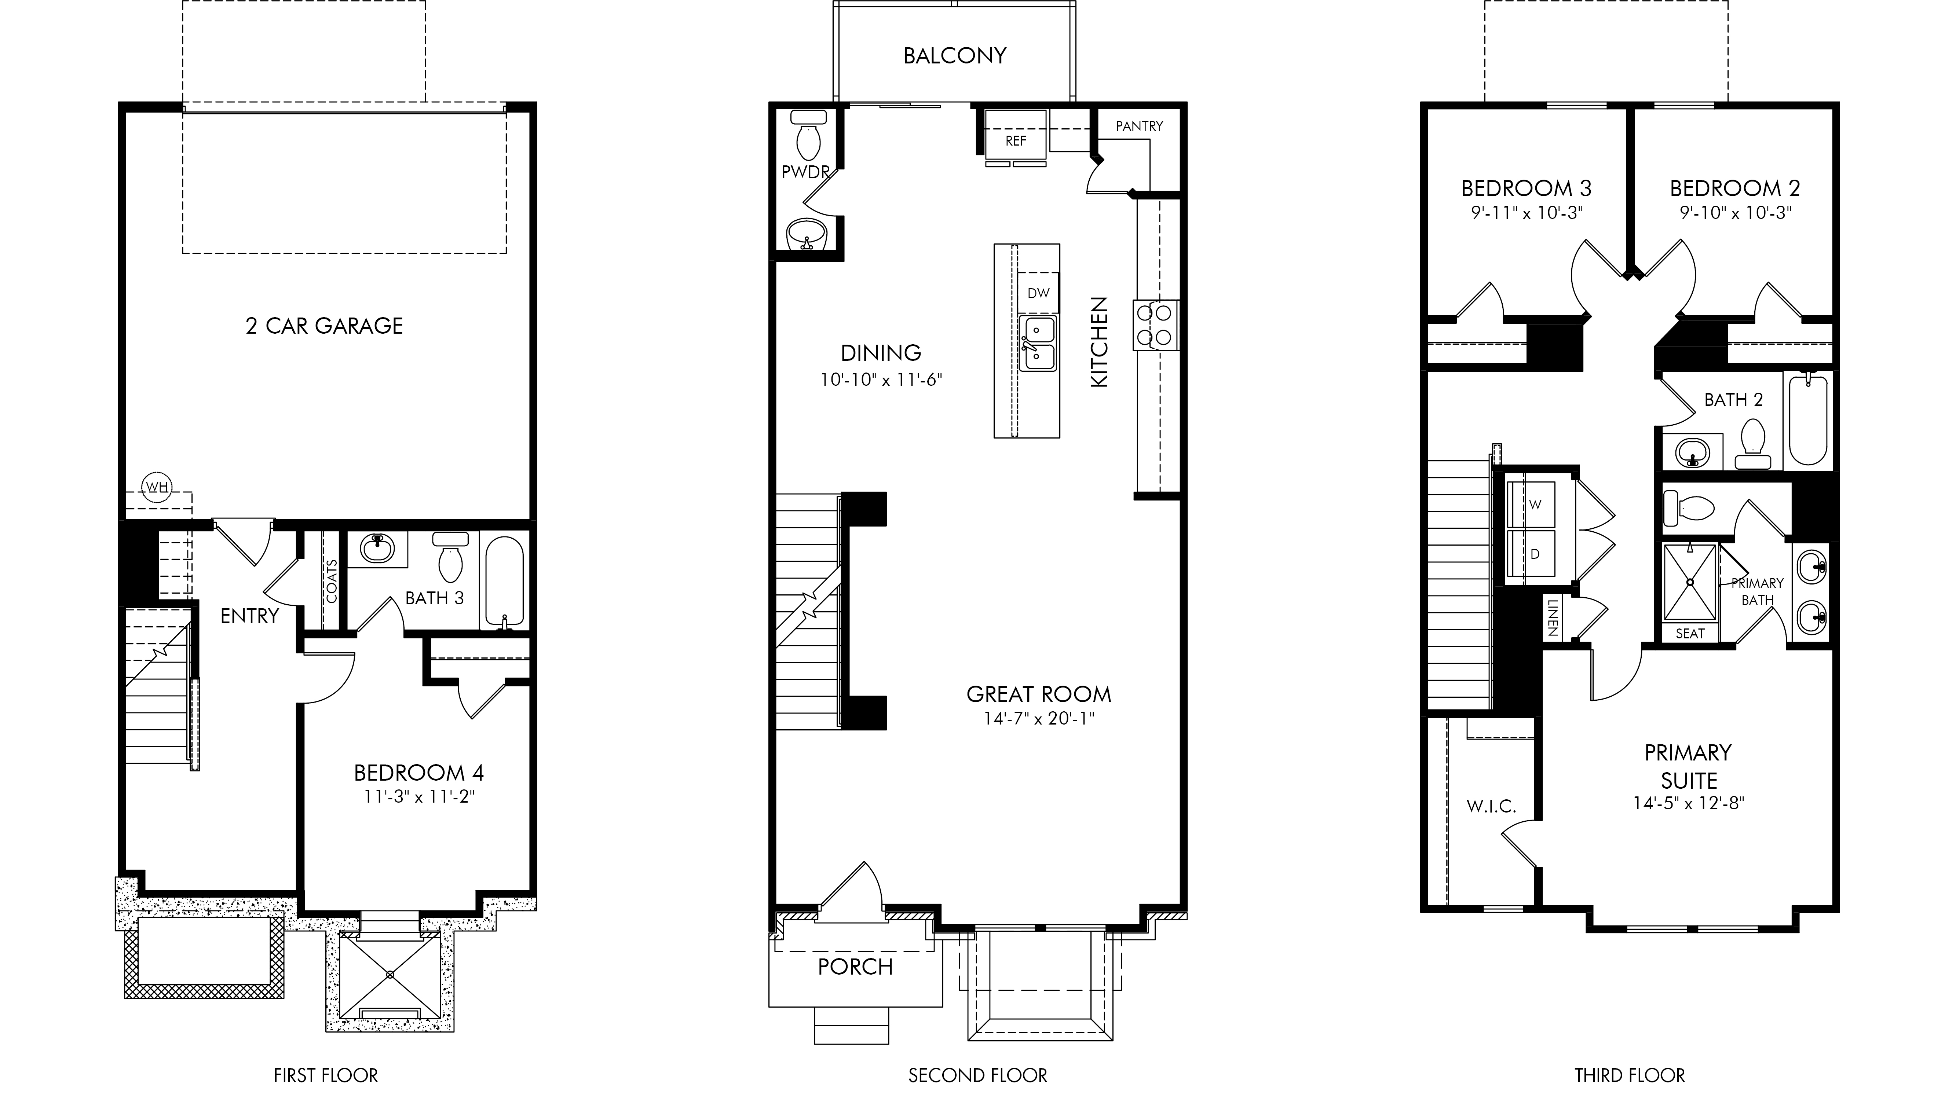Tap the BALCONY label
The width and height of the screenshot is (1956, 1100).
pos(954,55)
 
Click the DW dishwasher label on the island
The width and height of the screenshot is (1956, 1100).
pos(1038,293)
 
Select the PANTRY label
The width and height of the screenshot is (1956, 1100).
pos(1139,126)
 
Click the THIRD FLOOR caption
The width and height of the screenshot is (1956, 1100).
pos(1630,1076)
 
